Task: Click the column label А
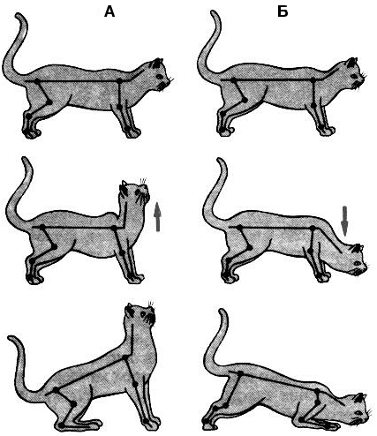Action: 109,11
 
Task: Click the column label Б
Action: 283,11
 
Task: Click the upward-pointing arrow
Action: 158,217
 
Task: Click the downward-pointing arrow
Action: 345,222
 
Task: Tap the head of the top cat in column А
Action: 159,74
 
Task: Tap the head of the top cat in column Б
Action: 353,73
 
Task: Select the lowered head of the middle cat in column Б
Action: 355,259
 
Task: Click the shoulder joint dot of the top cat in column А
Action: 119,80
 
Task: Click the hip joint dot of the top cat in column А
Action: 37,80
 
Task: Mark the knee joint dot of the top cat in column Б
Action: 245,100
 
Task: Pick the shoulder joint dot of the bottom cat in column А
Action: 125,357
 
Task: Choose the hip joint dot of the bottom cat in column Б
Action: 240,373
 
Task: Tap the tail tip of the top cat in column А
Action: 19,14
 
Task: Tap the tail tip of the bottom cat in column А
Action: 11,338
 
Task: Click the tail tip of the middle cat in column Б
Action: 221,161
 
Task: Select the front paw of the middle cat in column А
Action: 136,278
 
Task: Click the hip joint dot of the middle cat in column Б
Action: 239,228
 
